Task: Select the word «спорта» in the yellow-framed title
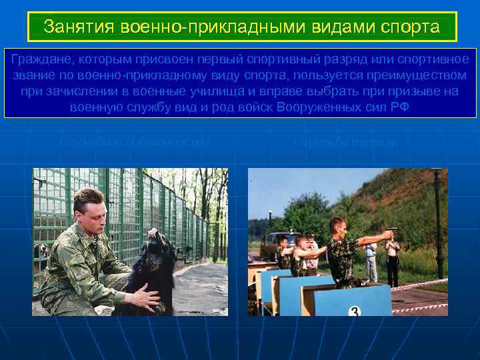413,27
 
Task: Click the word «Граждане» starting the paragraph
41,59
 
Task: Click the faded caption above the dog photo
134,142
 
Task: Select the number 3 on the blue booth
355,311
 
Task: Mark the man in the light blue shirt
371,257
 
